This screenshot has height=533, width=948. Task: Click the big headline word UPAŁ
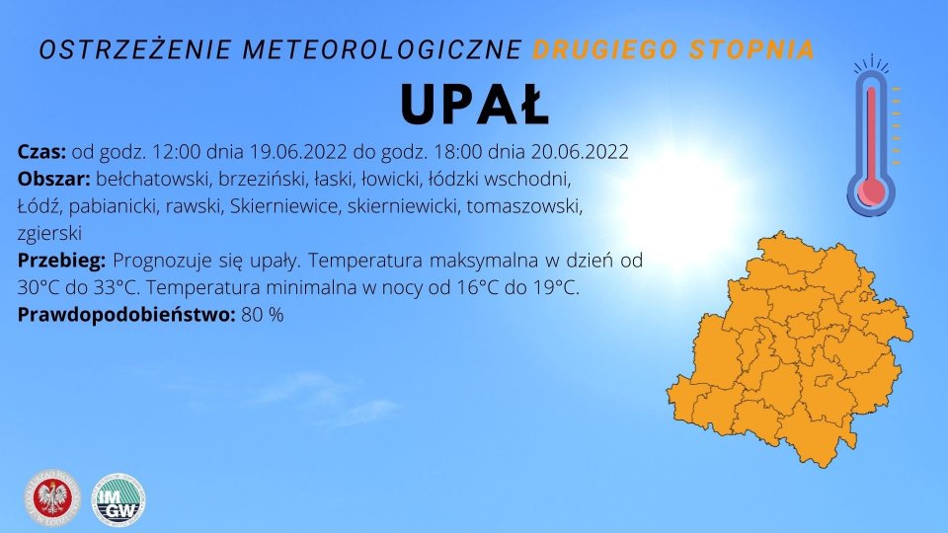(x=475, y=104)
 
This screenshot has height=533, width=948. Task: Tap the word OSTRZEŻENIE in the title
(x=136, y=49)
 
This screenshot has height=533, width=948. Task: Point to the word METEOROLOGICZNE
(x=383, y=49)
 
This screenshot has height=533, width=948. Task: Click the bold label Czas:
(x=41, y=151)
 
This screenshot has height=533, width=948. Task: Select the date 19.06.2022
(x=298, y=151)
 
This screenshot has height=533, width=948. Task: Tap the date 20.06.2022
(x=580, y=151)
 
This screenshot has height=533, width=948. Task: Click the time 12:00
(x=176, y=151)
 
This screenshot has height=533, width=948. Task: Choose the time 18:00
(x=457, y=151)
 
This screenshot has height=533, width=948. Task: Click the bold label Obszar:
(x=53, y=179)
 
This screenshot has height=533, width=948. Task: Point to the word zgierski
(x=49, y=234)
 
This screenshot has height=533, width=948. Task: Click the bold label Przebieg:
(x=61, y=261)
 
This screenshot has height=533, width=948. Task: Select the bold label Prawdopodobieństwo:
(x=126, y=315)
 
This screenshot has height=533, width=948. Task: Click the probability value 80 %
(x=263, y=315)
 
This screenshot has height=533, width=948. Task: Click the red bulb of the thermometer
(x=871, y=191)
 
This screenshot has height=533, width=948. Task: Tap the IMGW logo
(x=118, y=499)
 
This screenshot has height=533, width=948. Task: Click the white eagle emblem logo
(x=52, y=497)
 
